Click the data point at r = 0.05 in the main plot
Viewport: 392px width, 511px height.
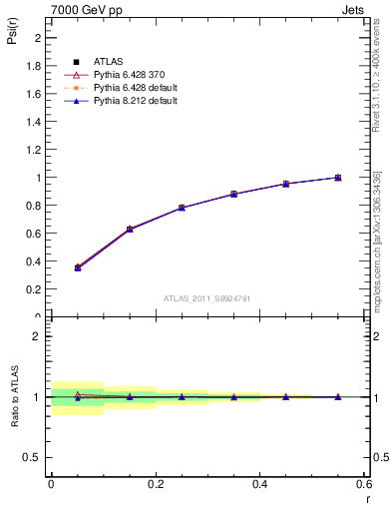78,267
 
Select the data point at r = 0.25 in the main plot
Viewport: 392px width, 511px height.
182,208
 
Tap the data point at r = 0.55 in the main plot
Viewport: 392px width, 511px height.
337,178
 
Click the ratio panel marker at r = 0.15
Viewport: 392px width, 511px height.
130,396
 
